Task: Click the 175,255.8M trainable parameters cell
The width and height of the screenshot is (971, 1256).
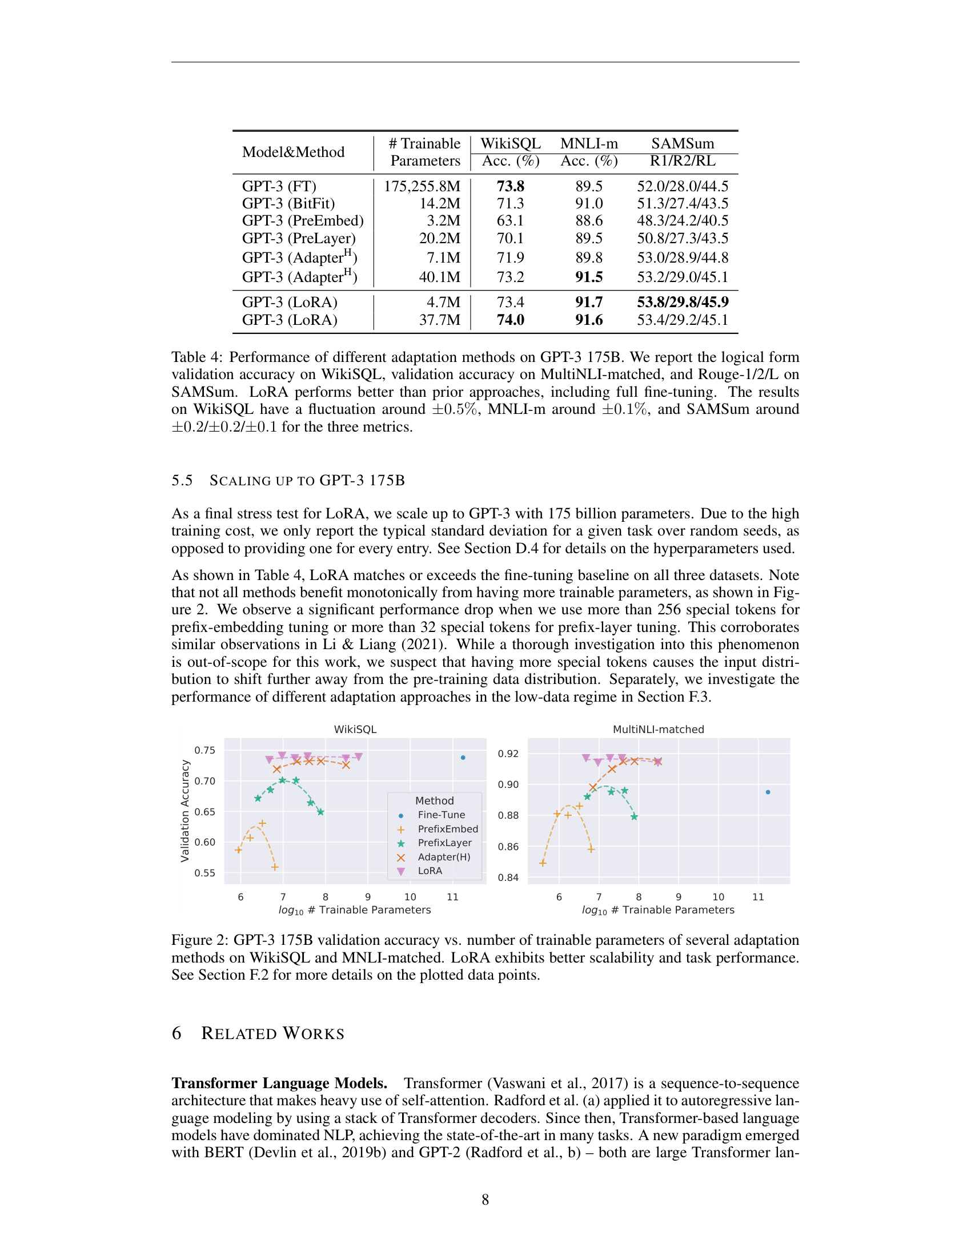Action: [x=422, y=186]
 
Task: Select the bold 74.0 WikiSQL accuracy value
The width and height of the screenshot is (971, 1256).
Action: [x=510, y=320]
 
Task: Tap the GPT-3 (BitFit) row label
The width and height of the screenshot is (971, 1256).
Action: [x=288, y=204]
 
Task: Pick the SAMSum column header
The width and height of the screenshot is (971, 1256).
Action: [x=682, y=143]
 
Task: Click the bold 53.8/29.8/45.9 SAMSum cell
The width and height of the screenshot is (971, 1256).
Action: [x=682, y=302]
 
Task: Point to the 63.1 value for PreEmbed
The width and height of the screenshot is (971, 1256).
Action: [x=510, y=221]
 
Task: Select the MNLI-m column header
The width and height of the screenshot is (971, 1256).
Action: [x=589, y=143]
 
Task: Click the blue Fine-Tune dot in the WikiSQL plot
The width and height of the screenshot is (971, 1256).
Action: [x=463, y=758]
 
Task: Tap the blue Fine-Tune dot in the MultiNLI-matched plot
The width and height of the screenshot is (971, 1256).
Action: [x=768, y=792]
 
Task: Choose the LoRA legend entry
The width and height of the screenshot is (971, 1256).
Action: [x=430, y=871]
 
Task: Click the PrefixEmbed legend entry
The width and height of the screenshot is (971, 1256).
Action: [x=448, y=829]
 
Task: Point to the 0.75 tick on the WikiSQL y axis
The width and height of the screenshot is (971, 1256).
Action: [x=205, y=750]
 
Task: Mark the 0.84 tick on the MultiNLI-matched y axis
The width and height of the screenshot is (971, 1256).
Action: [x=508, y=877]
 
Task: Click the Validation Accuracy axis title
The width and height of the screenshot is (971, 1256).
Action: [x=184, y=811]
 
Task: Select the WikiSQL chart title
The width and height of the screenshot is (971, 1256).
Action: [x=355, y=729]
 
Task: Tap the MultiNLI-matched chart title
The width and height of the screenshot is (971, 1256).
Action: [x=658, y=729]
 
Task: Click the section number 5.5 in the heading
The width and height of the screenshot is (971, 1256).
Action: [x=182, y=480]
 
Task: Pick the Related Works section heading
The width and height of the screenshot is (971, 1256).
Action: [x=272, y=1033]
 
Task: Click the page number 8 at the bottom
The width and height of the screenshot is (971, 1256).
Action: [x=485, y=1199]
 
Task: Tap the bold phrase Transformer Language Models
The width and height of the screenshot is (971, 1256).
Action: [x=279, y=1083]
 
